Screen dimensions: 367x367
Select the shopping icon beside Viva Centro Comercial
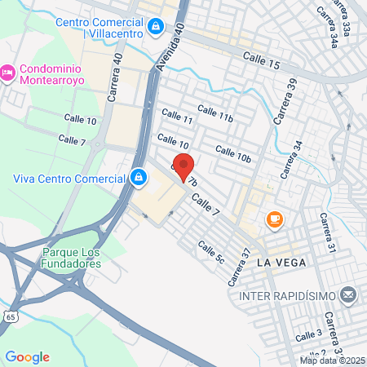(x=139, y=176)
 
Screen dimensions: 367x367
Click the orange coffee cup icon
(x=274, y=219)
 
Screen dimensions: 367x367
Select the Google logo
(x=27, y=356)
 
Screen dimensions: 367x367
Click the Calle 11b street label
(x=215, y=114)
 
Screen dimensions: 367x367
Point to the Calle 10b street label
(x=232, y=153)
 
